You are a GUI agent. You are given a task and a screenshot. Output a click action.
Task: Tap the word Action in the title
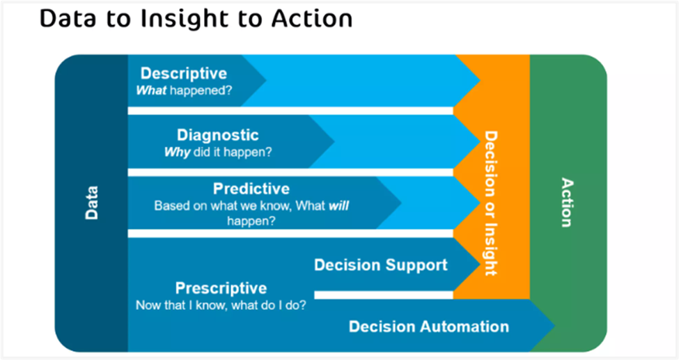point(312,19)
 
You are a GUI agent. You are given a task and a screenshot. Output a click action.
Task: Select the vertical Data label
point(91,203)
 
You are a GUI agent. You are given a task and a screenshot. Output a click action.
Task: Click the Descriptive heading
point(184,73)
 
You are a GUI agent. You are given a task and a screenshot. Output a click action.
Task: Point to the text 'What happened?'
point(184,90)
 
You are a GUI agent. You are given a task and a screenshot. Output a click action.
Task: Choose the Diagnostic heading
point(218,135)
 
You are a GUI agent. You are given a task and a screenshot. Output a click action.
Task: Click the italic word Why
point(178,152)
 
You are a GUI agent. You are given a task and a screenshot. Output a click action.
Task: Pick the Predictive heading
point(251,189)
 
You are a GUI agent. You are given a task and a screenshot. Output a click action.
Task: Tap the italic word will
point(338,205)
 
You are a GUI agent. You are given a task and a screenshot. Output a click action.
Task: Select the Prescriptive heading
point(221,288)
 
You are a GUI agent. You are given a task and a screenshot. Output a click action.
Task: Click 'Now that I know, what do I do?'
point(221,305)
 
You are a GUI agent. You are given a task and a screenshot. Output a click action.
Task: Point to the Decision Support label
point(381,265)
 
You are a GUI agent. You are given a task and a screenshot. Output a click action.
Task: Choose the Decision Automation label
point(429,326)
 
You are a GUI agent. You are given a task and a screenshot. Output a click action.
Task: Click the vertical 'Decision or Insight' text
point(491,203)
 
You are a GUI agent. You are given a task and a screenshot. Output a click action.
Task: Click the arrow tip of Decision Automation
point(554,326)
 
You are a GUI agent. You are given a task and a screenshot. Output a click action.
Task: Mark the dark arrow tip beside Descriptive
point(265,80)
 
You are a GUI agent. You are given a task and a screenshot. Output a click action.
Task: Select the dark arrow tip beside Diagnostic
point(334,141)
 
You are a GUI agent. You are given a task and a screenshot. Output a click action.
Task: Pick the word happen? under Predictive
point(251,221)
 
